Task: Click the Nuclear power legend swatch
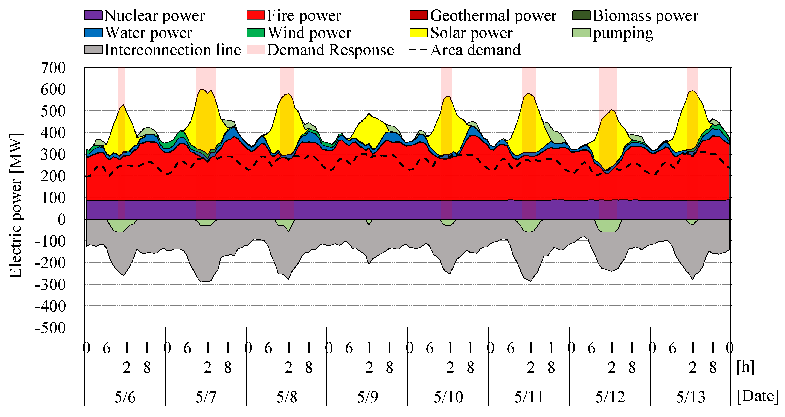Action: [93, 15]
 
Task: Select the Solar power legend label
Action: [471, 33]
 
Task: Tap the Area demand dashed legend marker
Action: [418, 50]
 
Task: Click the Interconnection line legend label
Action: [172, 50]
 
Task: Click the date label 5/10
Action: [448, 397]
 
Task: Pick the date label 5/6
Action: [125, 397]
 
